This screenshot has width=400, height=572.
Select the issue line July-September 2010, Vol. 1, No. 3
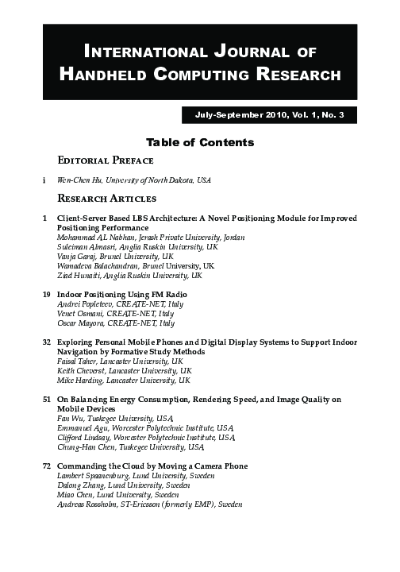[x=271, y=116]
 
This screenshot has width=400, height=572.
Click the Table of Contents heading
[x=199, y=143]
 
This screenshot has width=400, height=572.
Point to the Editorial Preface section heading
[x=110, y=160]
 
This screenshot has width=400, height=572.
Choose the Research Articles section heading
[x=107, y=198]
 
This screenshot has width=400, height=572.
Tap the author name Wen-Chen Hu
[x=78, y=180]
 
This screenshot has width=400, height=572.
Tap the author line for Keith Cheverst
[x=125, y=371]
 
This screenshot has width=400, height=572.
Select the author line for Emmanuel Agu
[x=146, y=428]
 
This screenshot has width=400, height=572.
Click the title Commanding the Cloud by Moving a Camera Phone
[x=152, y=466]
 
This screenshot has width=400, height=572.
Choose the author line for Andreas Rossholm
[x=150, y=504]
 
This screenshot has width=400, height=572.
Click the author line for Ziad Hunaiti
[x=130, y=276]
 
